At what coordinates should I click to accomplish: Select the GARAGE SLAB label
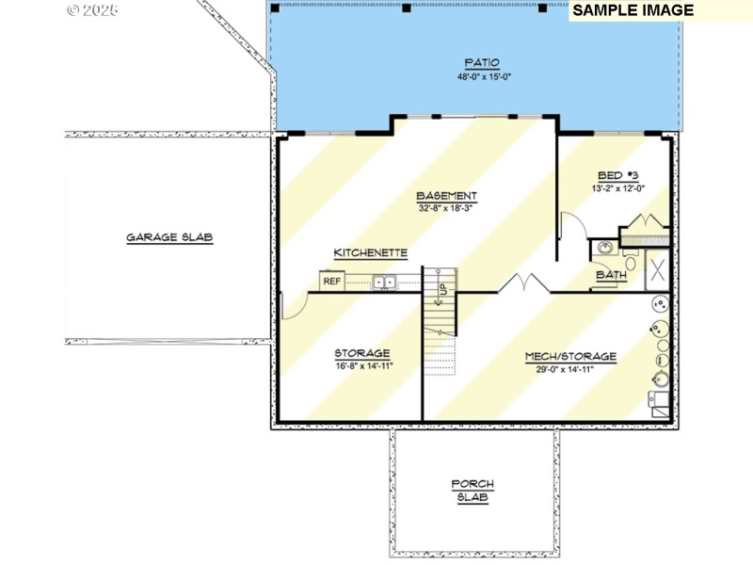coord(170,238)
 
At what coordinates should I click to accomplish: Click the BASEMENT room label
coord(447,196)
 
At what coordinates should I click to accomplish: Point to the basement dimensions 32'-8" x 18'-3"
coord(447,209)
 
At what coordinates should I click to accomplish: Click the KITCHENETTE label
coord(371,253)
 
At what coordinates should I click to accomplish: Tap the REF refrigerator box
coord(331,281)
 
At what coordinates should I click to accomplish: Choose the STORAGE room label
coord(362,354)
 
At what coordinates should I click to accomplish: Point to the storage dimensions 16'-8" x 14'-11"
coord(362,366)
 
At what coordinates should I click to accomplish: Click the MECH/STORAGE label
coord(571,357)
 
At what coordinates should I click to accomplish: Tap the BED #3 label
coord(617,176)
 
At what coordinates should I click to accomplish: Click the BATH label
coord(611,276)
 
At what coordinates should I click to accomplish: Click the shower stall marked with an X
coord(658,268)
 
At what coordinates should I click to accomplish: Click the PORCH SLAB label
coord(473,491)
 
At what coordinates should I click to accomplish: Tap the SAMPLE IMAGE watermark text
coord(633,10)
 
